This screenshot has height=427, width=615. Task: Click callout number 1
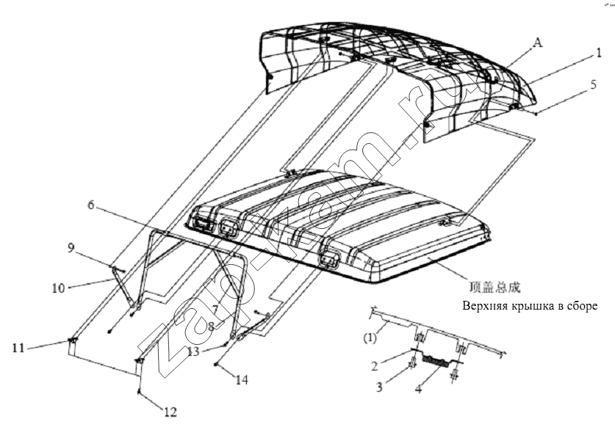[599, 53]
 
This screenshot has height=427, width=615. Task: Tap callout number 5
[594, 84]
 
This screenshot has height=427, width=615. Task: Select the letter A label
[538, 43]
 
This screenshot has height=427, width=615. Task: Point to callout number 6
[91, 205]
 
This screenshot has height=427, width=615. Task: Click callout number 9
[71, 248]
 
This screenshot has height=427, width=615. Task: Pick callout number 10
[58, 288]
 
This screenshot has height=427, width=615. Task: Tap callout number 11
[18, 348]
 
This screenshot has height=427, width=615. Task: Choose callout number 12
[170, 412]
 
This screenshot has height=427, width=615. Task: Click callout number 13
[193, 351]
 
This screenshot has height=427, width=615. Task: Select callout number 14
[242, 379]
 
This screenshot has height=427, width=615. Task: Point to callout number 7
[214, 309]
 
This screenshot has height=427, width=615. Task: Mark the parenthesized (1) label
[370, 337]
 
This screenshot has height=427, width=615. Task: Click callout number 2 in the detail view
[375, 366]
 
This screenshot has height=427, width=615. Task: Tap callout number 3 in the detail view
[379, 387]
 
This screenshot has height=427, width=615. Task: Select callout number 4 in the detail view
[419, 389]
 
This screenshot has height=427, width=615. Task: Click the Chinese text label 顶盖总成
[494, 288]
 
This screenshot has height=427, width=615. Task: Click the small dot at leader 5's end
[536, 113]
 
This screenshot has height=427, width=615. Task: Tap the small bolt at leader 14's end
[215, 365]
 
